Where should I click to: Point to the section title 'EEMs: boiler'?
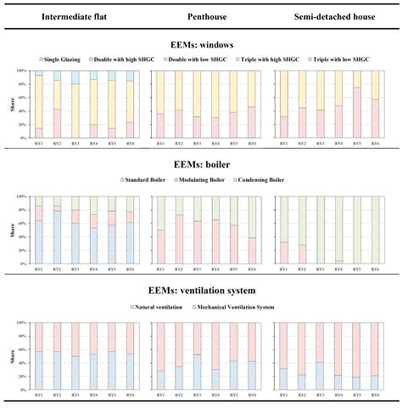pos(201,167)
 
